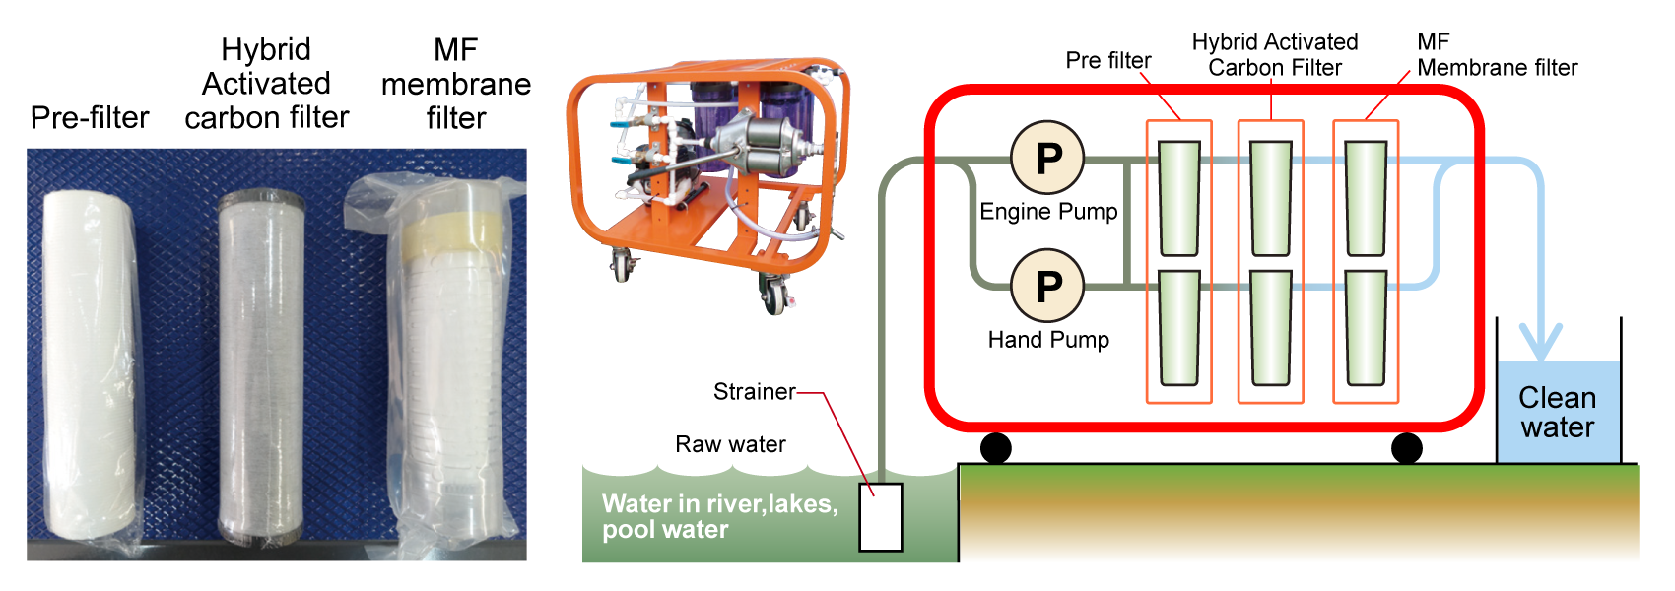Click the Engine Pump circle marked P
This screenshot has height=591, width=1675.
pyautogui.click(x=1047, y=158)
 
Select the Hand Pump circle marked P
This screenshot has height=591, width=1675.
pyautogui.click(x=1047, y=286)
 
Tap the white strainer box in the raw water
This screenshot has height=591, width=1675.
pyautogui.click(x=880, y=517)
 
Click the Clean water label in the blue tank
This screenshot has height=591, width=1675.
pyautogui.click(x=1557, y=412)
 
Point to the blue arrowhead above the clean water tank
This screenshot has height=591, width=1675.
pyautogui.click(x=1540, y=343)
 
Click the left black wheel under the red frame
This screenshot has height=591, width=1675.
pyautogui.click(x=996, y=448)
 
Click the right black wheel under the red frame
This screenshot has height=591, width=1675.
pyautogui.click(x=1406, y=448)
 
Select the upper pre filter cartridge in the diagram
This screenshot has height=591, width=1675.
pyautogui.click(x=1178, y=198)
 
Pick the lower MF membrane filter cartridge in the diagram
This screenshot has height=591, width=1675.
pyautogui.click(x=1366, y=328)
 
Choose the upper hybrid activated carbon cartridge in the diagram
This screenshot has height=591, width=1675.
pyautogui.click(x=1270, y=198)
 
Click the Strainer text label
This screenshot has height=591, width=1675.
pyautogui.click(x=754, y=392)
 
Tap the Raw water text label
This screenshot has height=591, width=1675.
pyautogui.click(x=730, y=444)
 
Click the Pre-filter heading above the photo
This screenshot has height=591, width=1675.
pyautogui.click(x=90, y=118)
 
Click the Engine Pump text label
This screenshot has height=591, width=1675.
pyautogui.click(x=1048, y=212)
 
